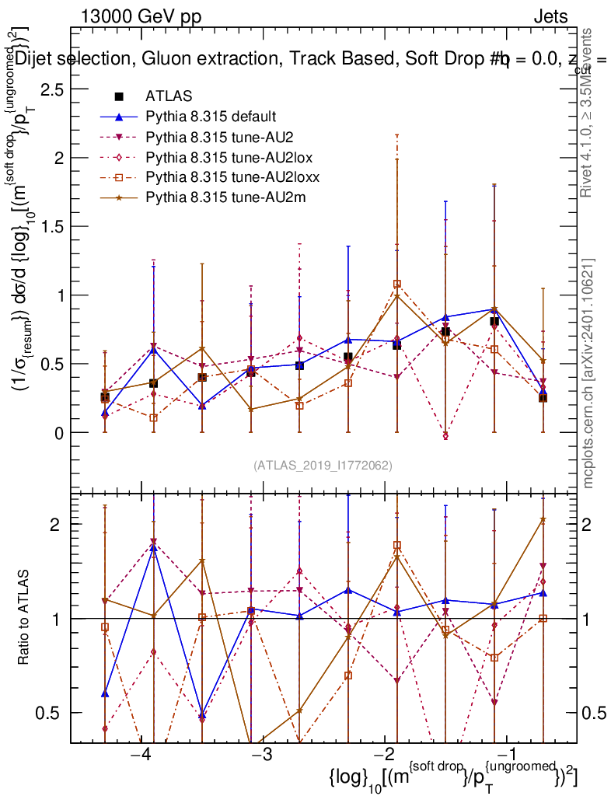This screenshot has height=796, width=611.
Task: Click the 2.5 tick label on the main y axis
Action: pos(51,89)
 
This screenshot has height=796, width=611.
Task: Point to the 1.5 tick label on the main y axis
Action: pos(51,227)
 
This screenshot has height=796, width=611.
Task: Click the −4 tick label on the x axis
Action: pos(141,756)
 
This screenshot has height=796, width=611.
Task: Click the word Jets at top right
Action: pos(550,16)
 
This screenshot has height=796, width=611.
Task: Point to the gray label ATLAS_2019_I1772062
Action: pos(323,466)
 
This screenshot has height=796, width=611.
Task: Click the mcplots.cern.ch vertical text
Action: pos(589,373)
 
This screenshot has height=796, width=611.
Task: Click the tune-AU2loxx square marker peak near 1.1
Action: pos(397,285)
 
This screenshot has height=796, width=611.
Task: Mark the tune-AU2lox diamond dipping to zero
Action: pos(445,436)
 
